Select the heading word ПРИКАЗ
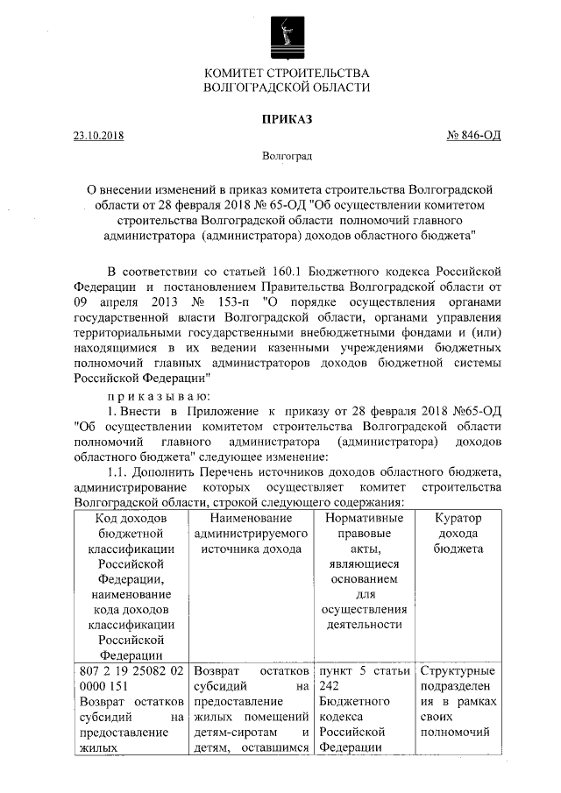coord(287,118)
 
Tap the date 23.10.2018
coord(98,137)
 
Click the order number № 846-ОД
coord(474,137)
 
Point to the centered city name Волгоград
coord(287,157)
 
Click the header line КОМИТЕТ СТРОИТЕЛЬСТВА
coord(287,73)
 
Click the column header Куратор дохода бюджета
coord(458,534)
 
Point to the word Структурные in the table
coord(458,672)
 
